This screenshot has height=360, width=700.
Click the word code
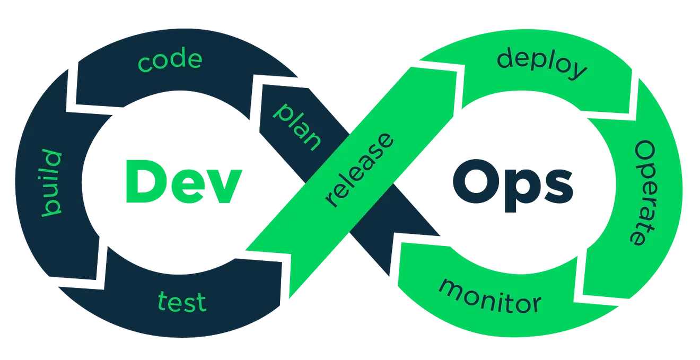point(170,60)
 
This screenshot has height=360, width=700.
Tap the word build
point(51,184)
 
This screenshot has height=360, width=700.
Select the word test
point(182,302)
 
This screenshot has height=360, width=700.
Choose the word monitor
point(490,296)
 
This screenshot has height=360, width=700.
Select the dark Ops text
point(513,186)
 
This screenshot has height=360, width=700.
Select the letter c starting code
point(144,64)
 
